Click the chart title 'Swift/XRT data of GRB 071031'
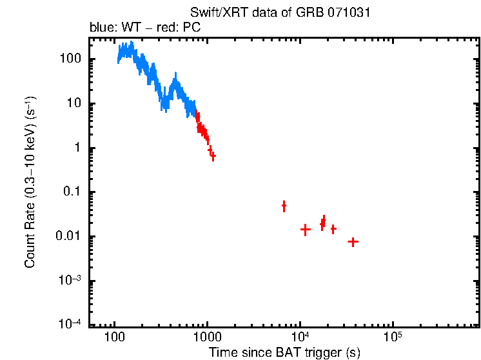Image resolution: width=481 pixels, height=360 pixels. (x=280, y=13)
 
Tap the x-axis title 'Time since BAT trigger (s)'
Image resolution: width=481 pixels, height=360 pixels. (x=284, y=352)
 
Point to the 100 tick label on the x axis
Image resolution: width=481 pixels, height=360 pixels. (x=114, y=337)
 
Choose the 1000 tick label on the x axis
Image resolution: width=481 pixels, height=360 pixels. (x=207, y=337)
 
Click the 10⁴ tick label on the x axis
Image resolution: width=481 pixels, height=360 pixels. (x=299, y=337)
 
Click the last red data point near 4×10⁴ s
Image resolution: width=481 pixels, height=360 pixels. (x=353, y=242)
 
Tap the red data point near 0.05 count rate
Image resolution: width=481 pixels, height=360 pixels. (x=284, y=206)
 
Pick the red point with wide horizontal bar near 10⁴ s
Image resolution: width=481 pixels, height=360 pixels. (x=306, y=229)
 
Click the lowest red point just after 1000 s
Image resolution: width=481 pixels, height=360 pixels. (x=213, y=156)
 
